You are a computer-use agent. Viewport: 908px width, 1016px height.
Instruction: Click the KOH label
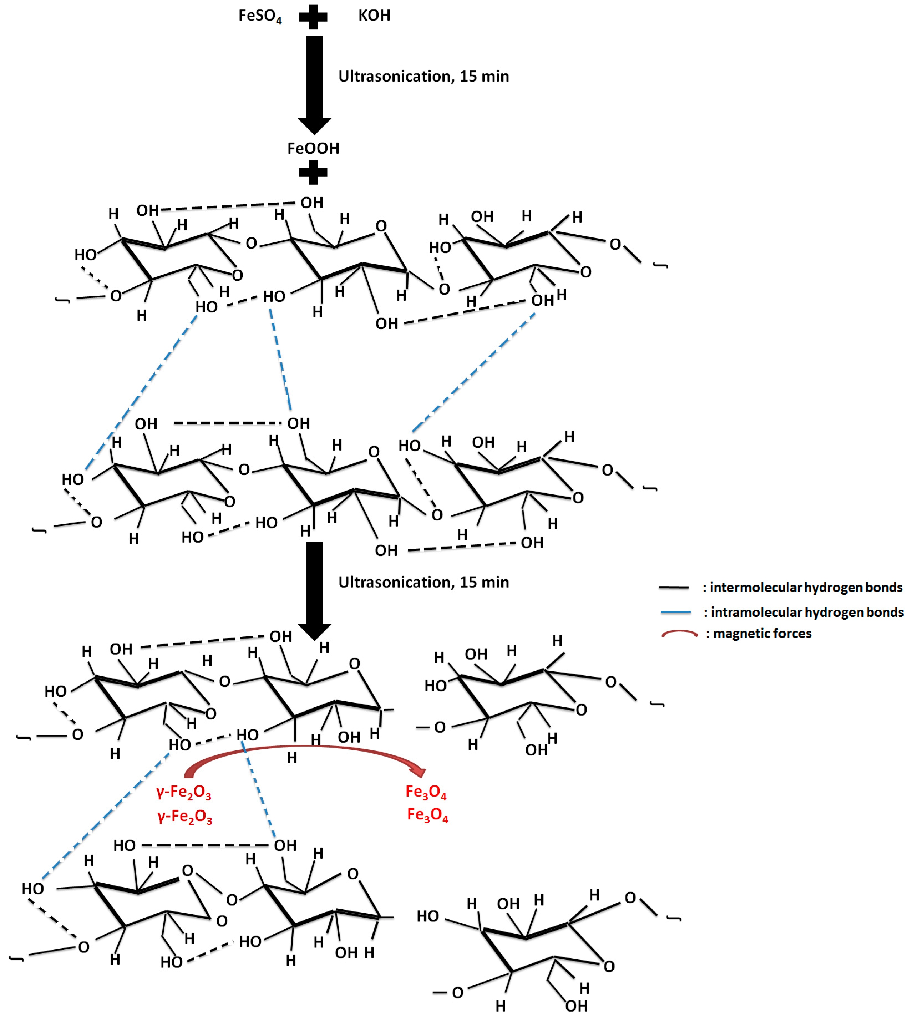(374, 16)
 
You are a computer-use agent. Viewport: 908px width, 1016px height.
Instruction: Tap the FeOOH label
(313, 148)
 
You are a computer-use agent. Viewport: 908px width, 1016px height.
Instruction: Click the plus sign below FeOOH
(313, 173)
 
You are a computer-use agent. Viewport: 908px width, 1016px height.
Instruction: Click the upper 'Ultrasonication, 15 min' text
(423, 76)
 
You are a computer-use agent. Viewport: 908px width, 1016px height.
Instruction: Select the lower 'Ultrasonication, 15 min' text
(423, 582)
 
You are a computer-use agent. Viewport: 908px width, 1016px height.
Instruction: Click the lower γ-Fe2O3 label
(185, 817)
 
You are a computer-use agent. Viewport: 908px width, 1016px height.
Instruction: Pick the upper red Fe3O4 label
(425, 792)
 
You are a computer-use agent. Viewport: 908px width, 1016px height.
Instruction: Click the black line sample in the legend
(674, 587)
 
